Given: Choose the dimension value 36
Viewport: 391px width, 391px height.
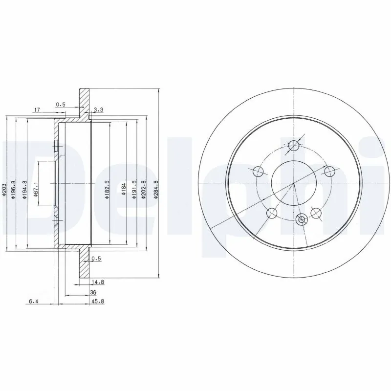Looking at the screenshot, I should tap(93, 292).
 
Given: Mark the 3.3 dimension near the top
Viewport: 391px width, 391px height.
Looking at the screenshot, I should tap(98, 110).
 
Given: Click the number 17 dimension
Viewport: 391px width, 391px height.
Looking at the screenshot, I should tap(36, 110).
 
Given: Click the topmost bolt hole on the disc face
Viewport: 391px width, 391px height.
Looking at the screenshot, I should tap(294, 145).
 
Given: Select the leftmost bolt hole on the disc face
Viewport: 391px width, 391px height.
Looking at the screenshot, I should tap(258, 172).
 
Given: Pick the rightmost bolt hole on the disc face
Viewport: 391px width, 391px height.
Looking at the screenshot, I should tap(330, 172).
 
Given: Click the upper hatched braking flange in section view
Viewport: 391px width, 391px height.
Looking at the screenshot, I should tap(84, 103).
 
